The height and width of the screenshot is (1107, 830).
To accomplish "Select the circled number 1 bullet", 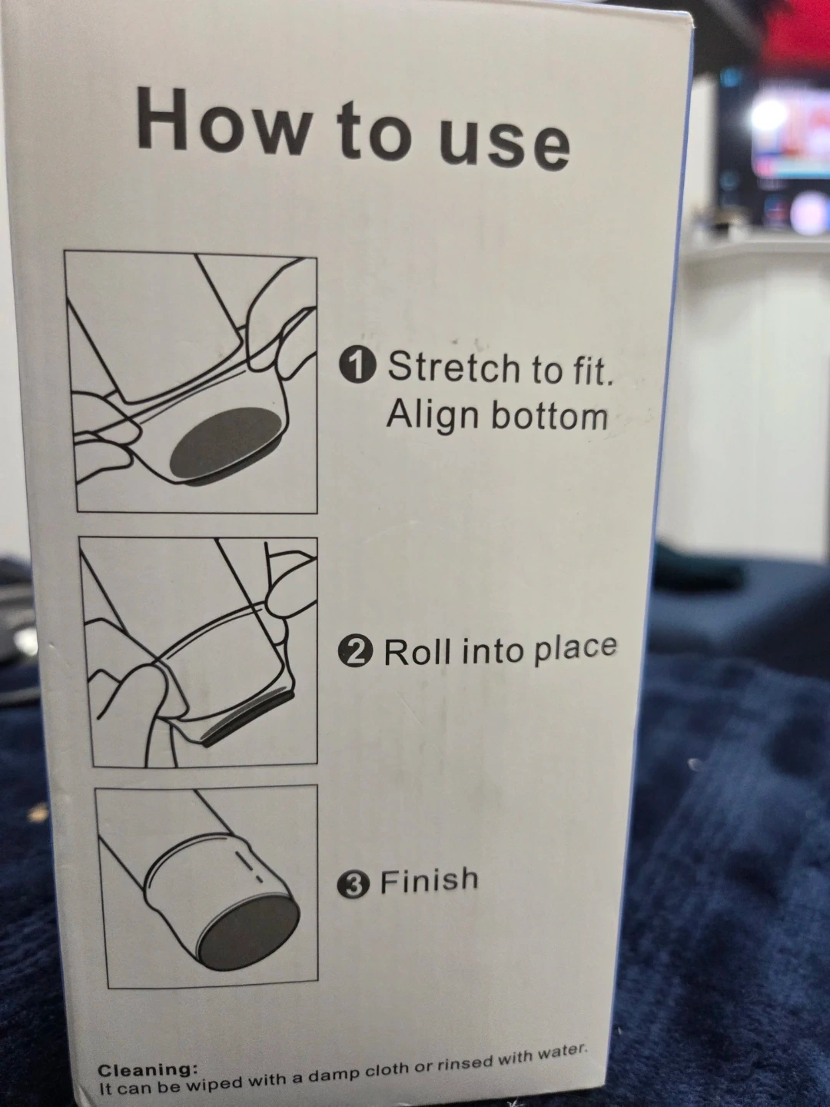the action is click(x=358, y=367).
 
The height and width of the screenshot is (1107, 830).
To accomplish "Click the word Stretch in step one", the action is click(x=454, y=367).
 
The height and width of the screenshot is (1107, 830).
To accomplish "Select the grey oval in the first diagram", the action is click(x=225, y=442).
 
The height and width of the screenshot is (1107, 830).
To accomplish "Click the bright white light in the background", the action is click(x=767, y=117).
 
